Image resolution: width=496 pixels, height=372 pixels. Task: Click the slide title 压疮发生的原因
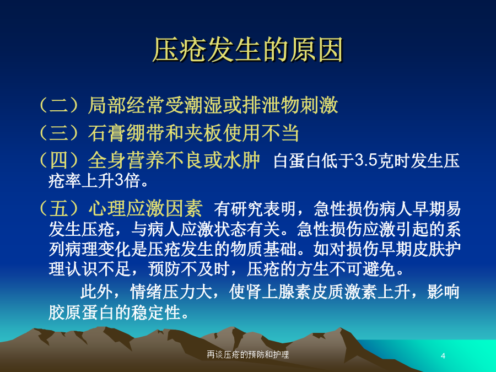[x=248, y=50]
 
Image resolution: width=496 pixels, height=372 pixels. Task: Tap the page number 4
[x=443, y=356]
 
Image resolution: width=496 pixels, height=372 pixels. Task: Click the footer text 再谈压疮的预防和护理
[x=247, y=354]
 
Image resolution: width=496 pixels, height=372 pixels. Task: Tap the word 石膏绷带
[x=126, y=133]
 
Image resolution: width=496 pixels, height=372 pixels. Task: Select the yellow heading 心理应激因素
[x=145, y=208]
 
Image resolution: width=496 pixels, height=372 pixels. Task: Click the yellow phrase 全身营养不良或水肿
[x=174, y=160]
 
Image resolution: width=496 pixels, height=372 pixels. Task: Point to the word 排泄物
[x=271, y=105]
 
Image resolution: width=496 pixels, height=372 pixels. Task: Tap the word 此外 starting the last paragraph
[x=97, y=292]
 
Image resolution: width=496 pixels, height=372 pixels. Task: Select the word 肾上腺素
[x=278, y=292]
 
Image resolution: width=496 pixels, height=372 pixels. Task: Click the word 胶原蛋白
[x=81, y=312]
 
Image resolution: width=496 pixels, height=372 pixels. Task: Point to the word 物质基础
[x=263, y=249]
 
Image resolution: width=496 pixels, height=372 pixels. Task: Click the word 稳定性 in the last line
[x=157, y=312]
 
